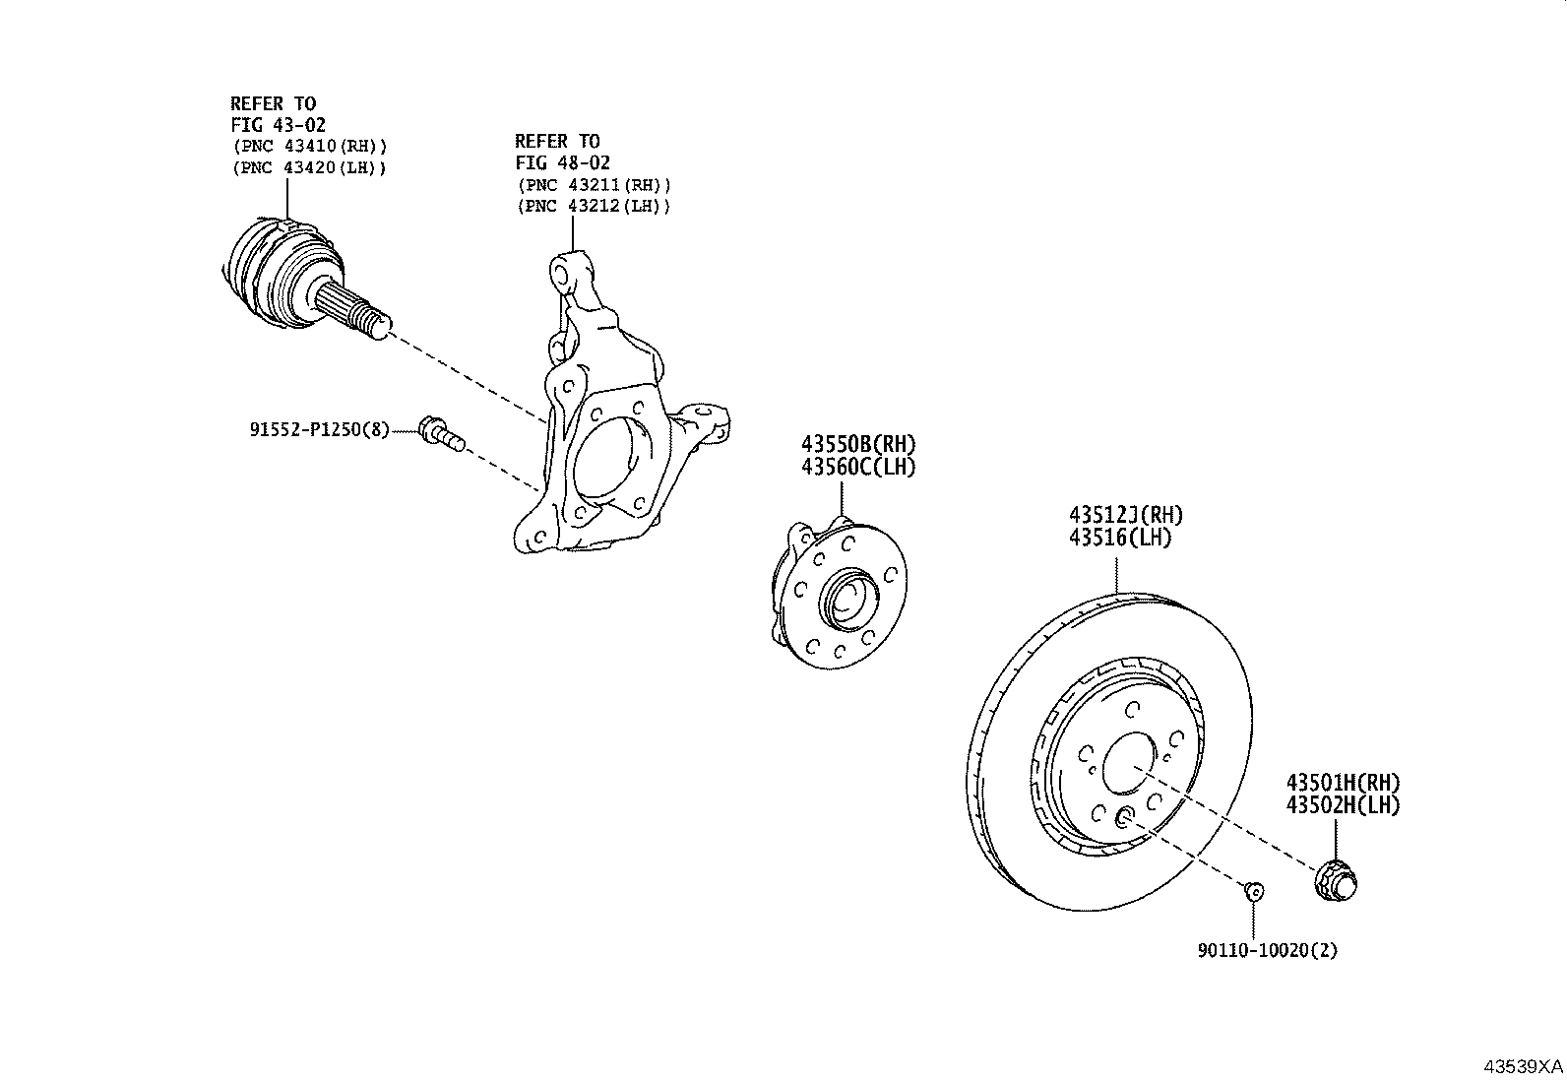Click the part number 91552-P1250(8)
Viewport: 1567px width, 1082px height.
320,429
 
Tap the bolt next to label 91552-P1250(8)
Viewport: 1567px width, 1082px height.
441,434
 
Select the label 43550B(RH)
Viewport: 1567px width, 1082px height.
858,444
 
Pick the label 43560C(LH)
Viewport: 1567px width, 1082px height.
858,467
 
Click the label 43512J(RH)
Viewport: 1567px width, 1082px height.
1126,515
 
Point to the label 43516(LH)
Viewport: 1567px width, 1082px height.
1120,538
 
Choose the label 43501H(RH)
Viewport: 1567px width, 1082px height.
1344,783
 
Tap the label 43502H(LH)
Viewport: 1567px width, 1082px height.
1344,804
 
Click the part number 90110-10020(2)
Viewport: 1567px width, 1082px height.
1267,950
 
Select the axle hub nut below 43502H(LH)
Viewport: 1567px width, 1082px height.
1336,881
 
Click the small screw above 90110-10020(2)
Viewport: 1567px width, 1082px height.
1254,892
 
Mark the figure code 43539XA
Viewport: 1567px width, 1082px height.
1523,1066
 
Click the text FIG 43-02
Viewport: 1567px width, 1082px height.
278,125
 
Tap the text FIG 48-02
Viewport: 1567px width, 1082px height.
562,163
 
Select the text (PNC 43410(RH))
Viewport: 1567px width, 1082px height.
310,147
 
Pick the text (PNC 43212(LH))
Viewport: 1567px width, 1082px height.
594,207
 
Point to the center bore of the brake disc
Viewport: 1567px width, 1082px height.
1130,763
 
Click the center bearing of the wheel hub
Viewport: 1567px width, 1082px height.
848,600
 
